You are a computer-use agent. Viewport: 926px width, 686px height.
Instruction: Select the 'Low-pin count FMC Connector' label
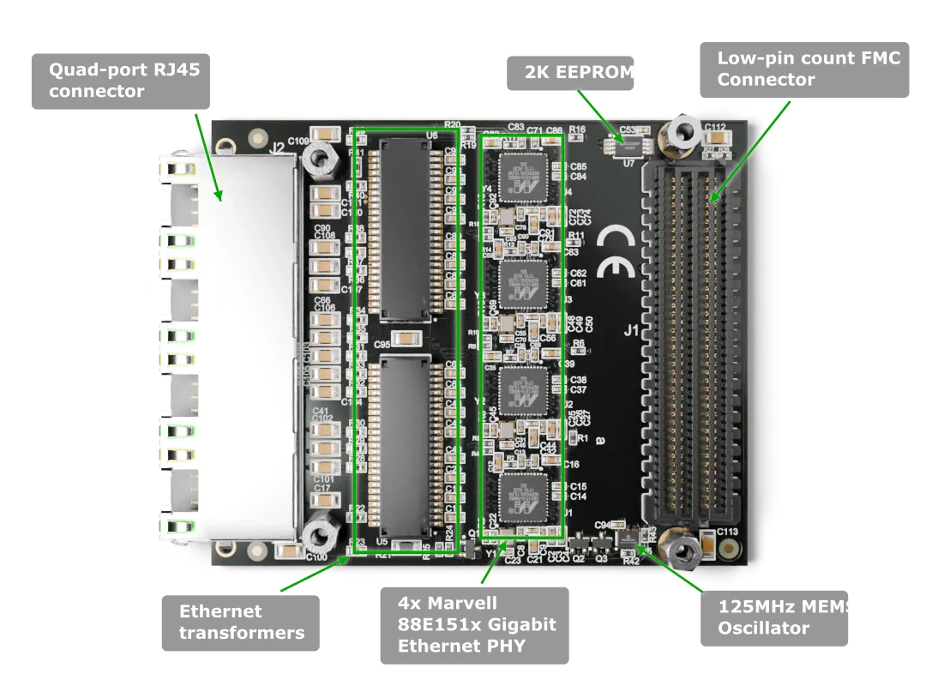coord(808,69)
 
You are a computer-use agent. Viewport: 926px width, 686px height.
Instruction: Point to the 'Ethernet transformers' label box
coord(241,622)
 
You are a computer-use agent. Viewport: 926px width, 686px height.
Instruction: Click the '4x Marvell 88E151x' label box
coord(474,624)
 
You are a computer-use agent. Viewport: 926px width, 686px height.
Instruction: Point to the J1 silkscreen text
coord(632,328)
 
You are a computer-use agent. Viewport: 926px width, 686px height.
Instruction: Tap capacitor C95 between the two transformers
coord(406,340)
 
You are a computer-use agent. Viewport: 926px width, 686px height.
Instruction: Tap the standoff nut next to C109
coord(318,158)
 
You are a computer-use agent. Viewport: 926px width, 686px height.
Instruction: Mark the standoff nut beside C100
coord(318,536)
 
